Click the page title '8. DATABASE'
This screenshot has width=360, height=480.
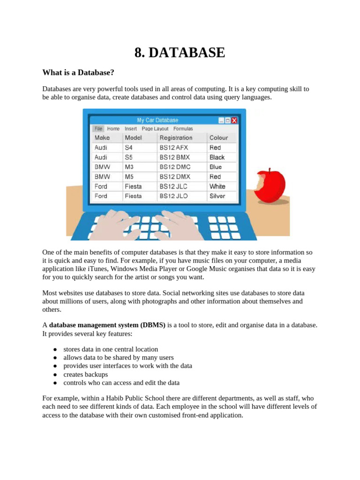click(180, 52)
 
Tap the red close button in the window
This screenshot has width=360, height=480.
click(234, 120)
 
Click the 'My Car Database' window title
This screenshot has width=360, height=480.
click(157, 120)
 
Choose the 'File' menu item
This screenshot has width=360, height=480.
click(98, 128)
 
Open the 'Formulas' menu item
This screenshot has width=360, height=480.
click(183, 128)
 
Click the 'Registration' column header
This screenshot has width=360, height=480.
click(176, 138)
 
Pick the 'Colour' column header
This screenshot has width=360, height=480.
click(218, 138)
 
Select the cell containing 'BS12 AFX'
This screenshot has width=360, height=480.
click(173, 147)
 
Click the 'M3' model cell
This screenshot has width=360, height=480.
click(129, 167)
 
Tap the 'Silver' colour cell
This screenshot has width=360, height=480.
click(217, 196)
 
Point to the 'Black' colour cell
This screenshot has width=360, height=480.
click(217, 157)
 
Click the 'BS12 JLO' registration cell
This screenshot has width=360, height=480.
click(173, 196)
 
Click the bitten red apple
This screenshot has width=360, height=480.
click(271, 187)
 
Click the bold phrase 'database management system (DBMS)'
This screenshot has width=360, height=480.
click(107, 325)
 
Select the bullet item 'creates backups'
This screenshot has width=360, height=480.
click(85, 375)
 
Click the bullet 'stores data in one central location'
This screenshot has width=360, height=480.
click(111, 349)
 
